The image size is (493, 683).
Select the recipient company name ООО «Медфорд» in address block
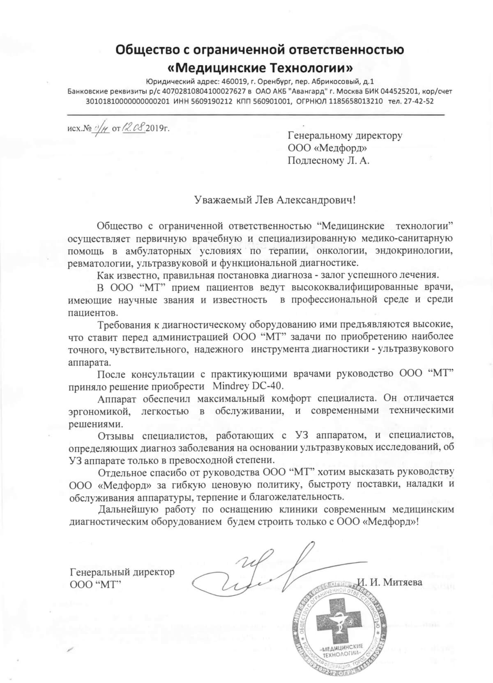tap(327, 148)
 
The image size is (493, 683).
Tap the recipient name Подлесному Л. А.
tap(329, 161)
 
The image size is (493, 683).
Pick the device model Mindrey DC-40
tap(248, 386)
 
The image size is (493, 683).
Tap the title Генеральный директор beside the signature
tap(122, 572)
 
